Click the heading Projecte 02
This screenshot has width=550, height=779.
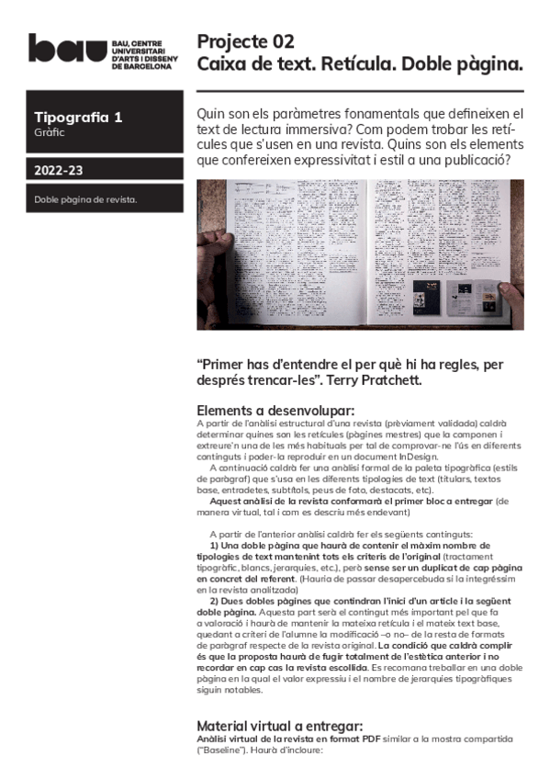(x=246, y=41)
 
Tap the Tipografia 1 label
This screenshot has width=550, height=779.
(x=78, y=118)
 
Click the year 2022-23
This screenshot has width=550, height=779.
(x=59, y=170)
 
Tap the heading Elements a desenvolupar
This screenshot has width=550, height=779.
(x=275, y=410)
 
